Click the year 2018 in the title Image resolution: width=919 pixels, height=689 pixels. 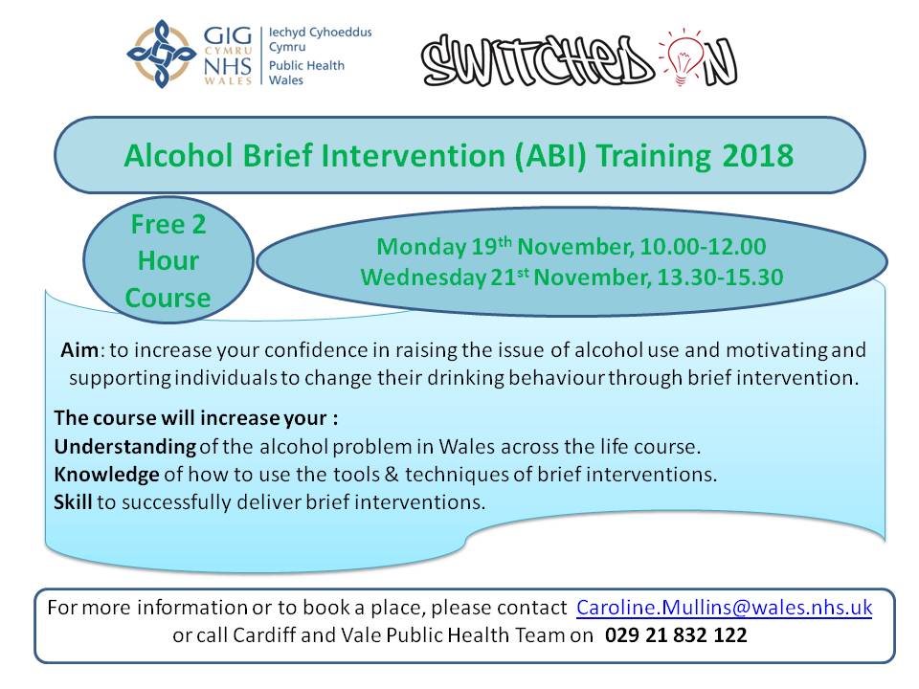[759, 156]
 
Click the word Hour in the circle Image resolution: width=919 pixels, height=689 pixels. [168, 261]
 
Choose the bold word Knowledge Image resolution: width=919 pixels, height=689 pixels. [106, 475]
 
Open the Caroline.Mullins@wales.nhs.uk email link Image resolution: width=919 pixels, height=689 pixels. [724, 608]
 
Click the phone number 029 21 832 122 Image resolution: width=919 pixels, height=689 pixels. [676, 635]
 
